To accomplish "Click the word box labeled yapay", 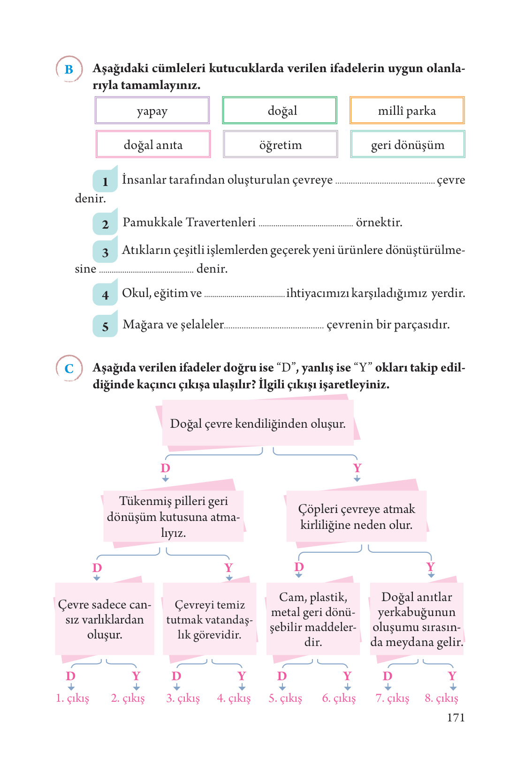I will click(x=152, y=111).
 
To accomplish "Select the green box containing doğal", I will click(x=280, y=111).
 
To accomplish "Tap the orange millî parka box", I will click(x=407, y=111).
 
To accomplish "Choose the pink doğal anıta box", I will click(x=153, y=144).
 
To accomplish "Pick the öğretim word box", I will click(x=280, y=144).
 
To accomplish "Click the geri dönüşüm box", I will click(x=407, y=144).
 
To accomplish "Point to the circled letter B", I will click(x=69, y=69).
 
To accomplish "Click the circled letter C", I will click(x=69, y=368).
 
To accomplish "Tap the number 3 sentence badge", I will click(x=105, y=252).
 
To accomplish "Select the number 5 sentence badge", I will click(x=105, y=326).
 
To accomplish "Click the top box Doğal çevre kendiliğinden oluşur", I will click(x=258, y=423).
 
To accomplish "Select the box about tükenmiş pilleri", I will click(x=174, y=516).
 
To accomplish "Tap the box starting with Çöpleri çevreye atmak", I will click(x=357, y=516).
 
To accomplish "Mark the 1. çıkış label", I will click(x=72, y=698).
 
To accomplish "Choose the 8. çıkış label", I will click(x=441, y=698).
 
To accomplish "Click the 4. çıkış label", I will click(x=234, y=698).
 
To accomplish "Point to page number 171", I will click(x=456, y=717).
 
